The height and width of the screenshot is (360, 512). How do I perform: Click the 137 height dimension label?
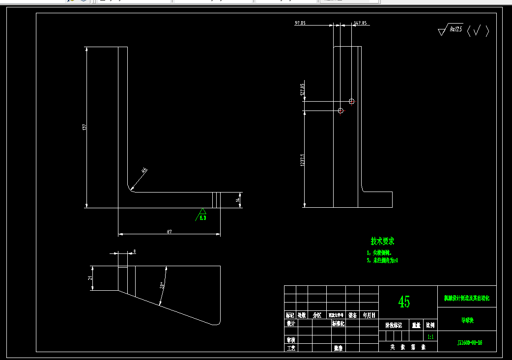coord(85,127)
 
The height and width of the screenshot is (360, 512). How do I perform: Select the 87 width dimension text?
coord(169,231)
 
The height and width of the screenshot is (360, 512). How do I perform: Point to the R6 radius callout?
coord(144,171)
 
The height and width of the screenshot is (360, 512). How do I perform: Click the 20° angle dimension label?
coord(162,285)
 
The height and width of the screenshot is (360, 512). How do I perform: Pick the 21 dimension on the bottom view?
coord(90,278)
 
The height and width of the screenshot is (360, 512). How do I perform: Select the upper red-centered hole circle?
coord(351,101)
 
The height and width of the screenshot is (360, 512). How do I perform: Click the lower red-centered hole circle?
coord(341,111)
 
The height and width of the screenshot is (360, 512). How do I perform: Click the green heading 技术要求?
coord(382,241)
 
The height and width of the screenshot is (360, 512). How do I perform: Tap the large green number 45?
coord(404,302)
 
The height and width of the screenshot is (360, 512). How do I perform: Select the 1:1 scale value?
coord(430,337)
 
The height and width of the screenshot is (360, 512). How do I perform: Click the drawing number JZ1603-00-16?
coord(470,342)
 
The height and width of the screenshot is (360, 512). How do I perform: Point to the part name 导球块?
coord(467,320)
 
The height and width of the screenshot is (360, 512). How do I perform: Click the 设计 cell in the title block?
coord(291,324)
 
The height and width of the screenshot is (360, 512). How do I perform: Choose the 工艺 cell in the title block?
coord(291,348)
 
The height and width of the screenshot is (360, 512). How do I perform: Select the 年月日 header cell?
coord(369,315)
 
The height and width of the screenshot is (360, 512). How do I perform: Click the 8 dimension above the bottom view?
coord(135,251)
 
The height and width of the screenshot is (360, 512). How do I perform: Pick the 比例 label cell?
coord(430,325)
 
